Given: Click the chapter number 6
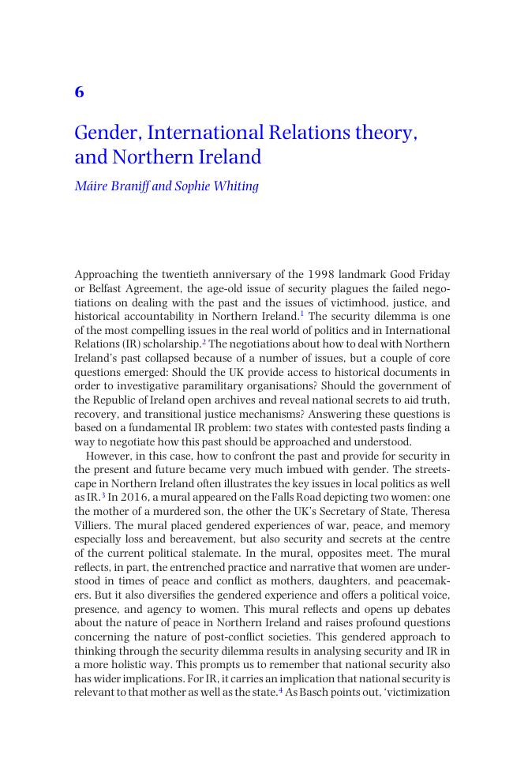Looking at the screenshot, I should click(79, 92).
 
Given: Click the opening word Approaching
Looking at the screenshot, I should click(105, 275).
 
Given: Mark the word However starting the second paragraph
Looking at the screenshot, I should click(110, 456).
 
